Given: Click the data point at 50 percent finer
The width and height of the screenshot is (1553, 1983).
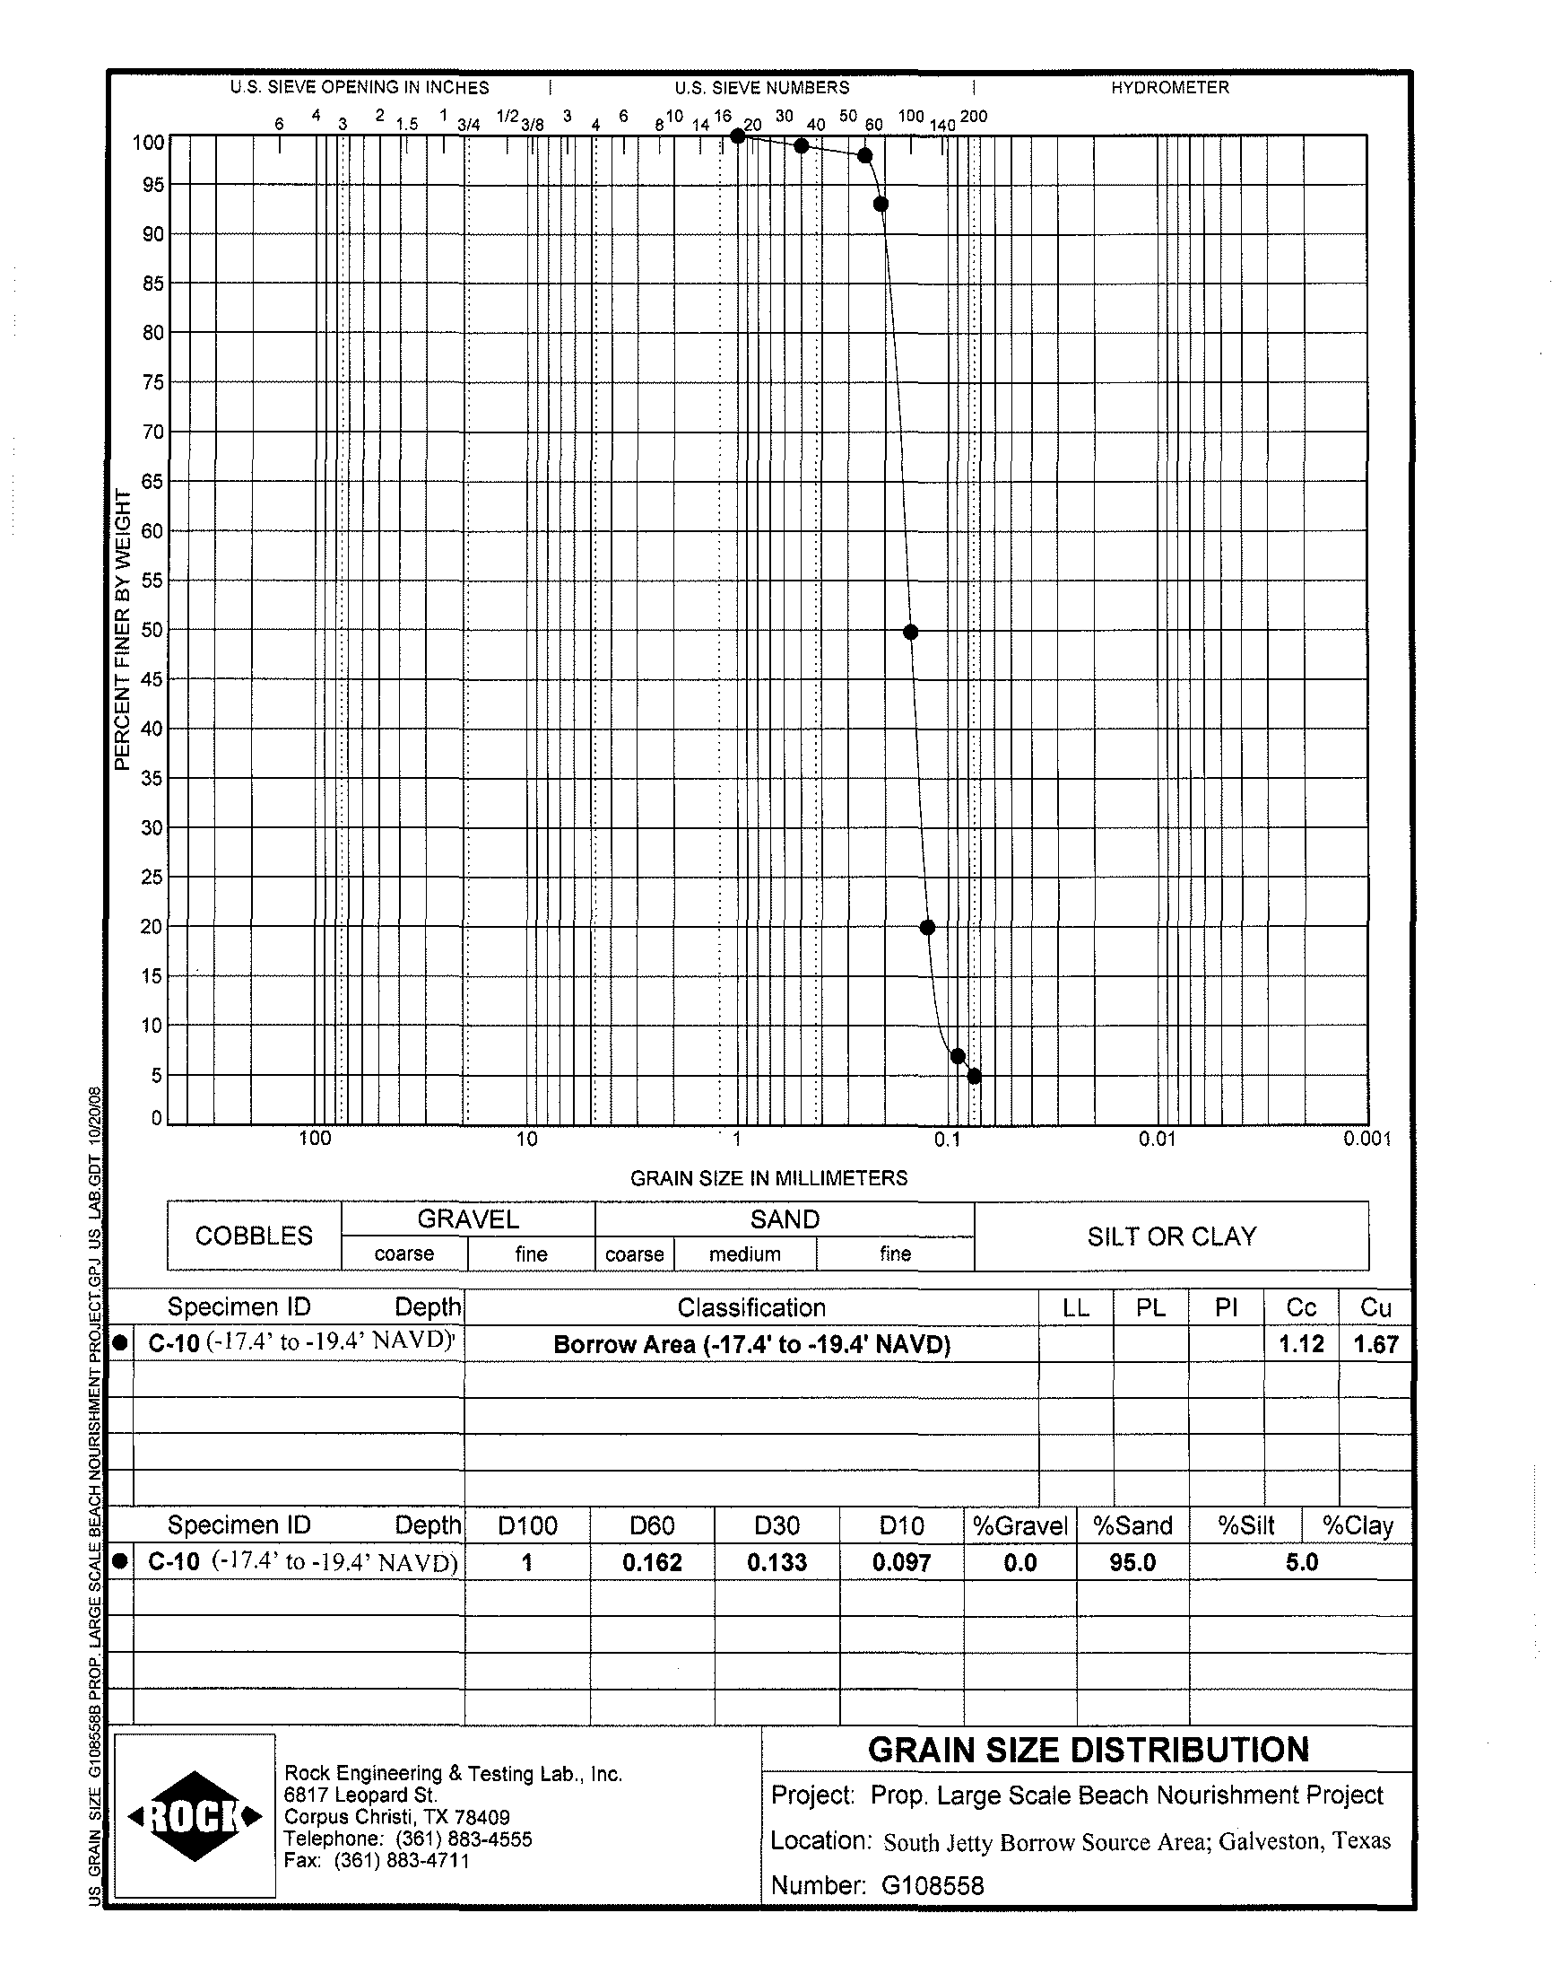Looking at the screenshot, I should (x=910, y=633).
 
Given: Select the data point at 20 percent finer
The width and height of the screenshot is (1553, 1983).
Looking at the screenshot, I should (x=927, y=928).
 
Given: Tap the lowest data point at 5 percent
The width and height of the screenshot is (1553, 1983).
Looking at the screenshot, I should (x=974, y=1076).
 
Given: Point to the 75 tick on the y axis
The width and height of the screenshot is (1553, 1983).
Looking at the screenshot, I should (x=152, y=382).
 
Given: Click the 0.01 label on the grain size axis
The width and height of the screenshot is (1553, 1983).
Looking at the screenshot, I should (x=1157, y=1139).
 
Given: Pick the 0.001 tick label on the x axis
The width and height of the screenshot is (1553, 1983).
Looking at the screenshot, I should (x=1366, y=1139).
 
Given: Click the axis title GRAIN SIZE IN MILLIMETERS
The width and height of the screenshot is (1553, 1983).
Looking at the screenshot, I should (x=768, y=1178).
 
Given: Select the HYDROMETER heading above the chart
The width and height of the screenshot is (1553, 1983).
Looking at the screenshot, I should (x=1169, y=87).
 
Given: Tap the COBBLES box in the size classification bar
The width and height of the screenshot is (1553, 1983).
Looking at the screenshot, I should (x=254, y=1236).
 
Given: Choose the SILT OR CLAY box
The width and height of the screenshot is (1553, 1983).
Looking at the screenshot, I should (x=1171, y=1236).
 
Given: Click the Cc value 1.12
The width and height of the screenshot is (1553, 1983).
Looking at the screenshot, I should (x=1301, y=1343).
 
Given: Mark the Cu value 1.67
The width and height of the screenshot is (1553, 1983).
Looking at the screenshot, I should (x=1375, y=1343).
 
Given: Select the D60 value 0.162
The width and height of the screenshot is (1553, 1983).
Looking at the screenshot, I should (x=652, y=1562).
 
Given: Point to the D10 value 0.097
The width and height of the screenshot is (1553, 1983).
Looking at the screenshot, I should (x=901, y=1562).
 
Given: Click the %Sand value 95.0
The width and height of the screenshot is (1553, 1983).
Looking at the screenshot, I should (x=1132, y=1562).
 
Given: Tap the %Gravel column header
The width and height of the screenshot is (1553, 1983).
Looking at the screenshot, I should (x=1020, y=1525).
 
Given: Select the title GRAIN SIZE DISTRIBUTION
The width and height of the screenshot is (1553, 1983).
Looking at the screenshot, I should (x=1088, y=1749).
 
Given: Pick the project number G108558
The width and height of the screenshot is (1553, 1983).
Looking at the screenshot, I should (x=932, y=1885).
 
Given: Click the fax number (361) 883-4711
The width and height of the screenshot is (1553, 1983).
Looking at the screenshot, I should (x=401, y=1860).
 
